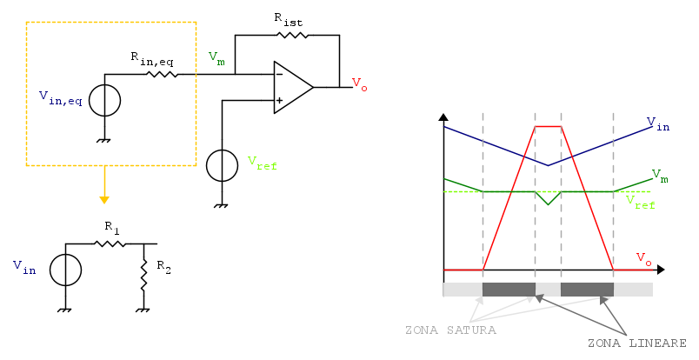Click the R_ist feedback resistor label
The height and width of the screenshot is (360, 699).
pyautogui.click(x=289, y=17)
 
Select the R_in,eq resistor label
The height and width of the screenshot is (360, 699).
pyautogui.click(x=154, y=57)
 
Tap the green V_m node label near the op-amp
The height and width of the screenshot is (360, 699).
pyautogui.click(x=216, y=58)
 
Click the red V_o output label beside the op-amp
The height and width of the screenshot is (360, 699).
pyautogui.click(x=358, y=83)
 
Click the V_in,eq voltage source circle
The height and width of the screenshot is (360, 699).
pyautogui.click(x=105, y=100)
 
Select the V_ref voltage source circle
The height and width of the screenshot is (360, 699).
pyautogui.click(x=222, y=164)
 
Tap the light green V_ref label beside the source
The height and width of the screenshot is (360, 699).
pyautogui.click(x=262, y=163)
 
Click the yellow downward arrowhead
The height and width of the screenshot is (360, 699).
pyautogui.click(x=104, y=196)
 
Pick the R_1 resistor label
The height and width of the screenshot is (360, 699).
pyautogui.click(x=112, y=227)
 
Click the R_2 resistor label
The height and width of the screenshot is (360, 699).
pyautogui.click(x=163, y=268)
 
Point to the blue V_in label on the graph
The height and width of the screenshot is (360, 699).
pyautogui.click(x=658, y=125)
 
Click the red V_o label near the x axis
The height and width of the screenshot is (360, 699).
pyautogui.click(x=643, y=258)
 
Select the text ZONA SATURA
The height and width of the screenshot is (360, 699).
pyautogui.click(x=450, y=330)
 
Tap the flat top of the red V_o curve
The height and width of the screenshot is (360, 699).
pyautogui.click(x=548, y=126)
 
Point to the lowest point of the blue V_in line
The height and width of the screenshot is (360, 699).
pyautogui.click(x=548, y=164)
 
